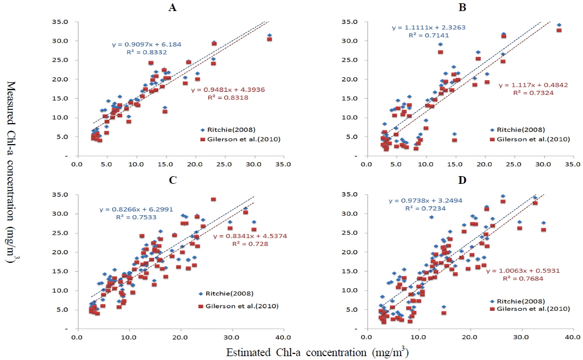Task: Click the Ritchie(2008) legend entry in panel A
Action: click(229, 129)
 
